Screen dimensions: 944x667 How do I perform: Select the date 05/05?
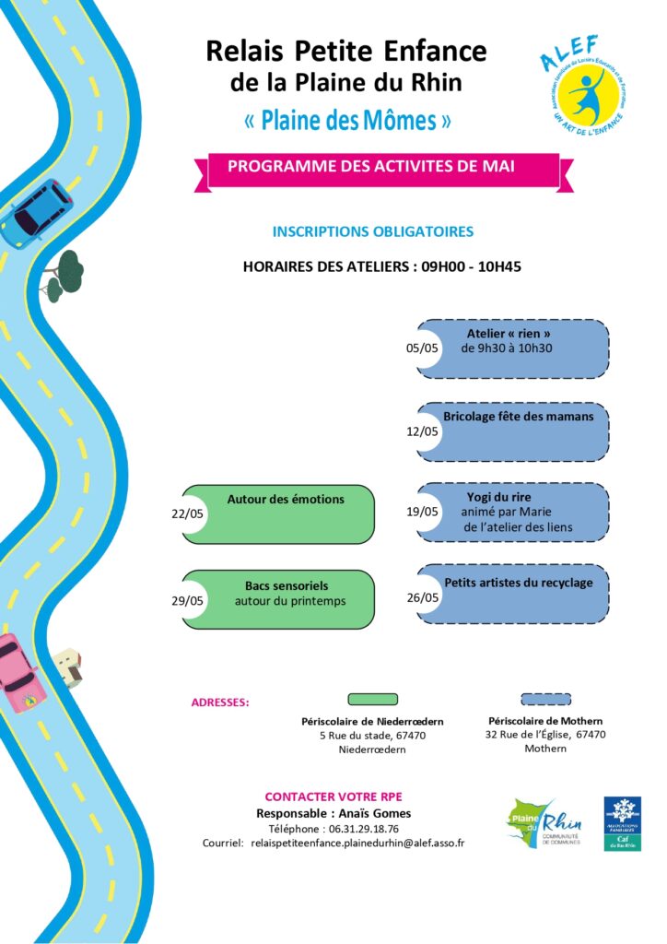pyautogui.click(x=423, y=348)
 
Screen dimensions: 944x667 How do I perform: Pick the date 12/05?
pyautogui.click(x=423, y=431)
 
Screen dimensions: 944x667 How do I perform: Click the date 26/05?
pyautogui.click(x=423, y=597)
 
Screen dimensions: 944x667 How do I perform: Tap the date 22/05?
pyautogui.click(x=188, y=514)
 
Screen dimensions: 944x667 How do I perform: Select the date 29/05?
pyautogui.click(x=188, y=600)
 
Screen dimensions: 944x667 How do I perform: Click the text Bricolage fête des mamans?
pyautogui.click(x=518, y=417)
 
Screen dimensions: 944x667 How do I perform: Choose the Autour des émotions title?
pyautogui.click(x=286, y=500)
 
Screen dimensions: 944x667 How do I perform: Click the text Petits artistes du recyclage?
pyautogui.click(x=519, y=583)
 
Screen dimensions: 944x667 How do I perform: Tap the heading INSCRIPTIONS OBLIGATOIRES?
pyautogui.click(x=373, y=231)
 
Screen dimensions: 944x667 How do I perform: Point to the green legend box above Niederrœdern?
pyautogui.click(x=372, y=700)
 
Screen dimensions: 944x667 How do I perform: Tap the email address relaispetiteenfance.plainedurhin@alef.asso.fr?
pyautogui.click(x=357, y=843)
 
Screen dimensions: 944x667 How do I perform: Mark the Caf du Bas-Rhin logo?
pyautogui.click(x=623, y=822)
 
